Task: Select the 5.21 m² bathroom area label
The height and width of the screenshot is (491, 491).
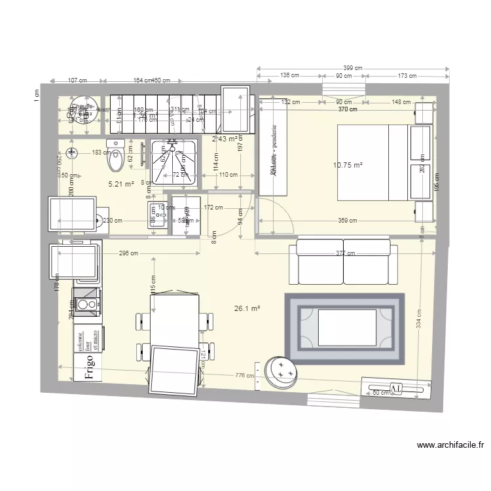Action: pyautogui.click(x=121, y=184)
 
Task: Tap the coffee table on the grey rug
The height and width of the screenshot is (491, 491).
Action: pyautogui.click(x=347, y=327)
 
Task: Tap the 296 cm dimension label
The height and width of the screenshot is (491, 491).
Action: pyautogui.click(x=128, y=253)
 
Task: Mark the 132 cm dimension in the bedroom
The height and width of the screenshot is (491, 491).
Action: pyautogui.click(x=290, y=102)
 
